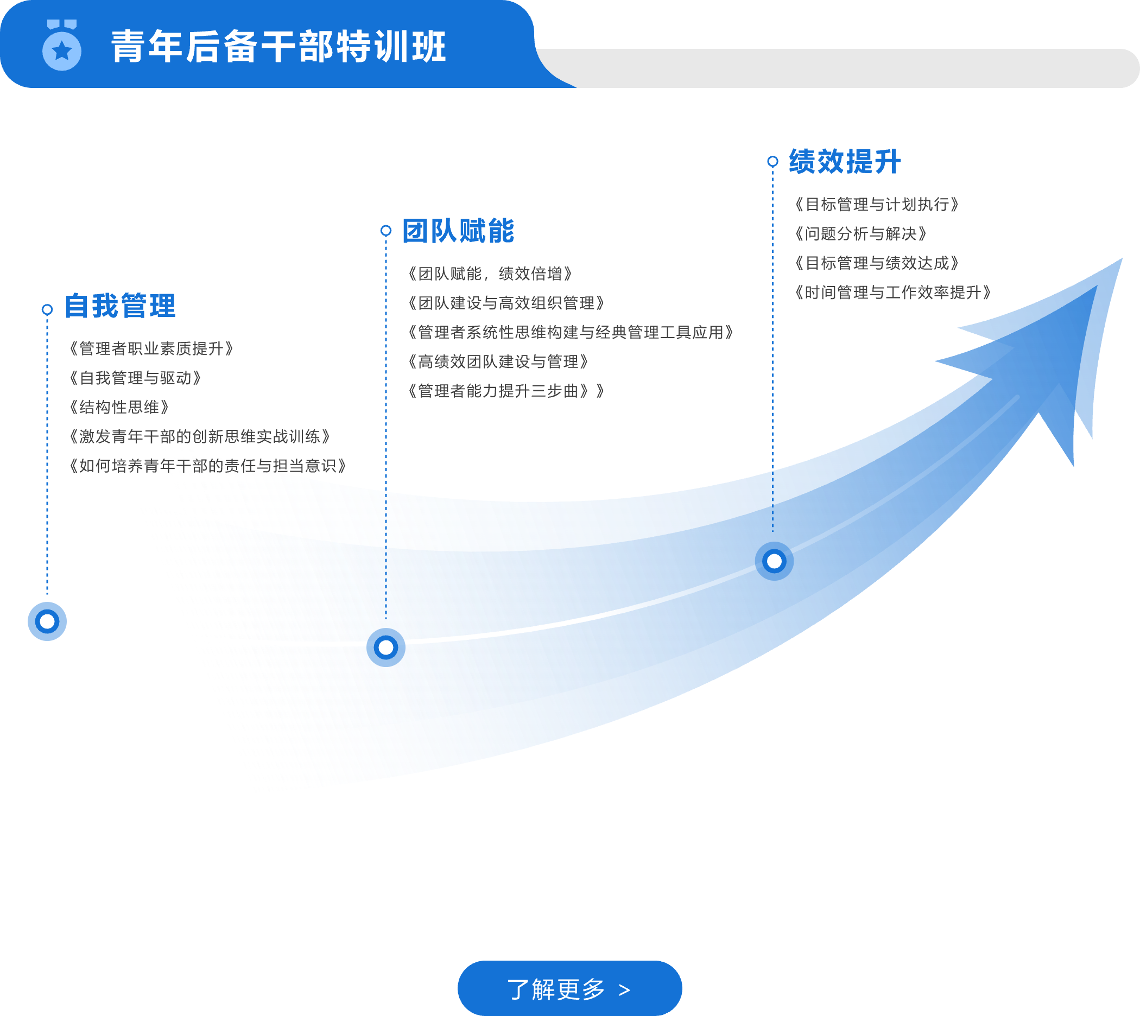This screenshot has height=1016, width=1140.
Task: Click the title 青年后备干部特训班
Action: click(x=278, y=46)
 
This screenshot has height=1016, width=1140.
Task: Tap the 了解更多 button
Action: click(x=569, y=989)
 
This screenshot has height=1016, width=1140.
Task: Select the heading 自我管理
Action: click(x=120, y=306)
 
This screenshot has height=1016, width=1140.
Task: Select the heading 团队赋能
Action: click(x=458, y=231)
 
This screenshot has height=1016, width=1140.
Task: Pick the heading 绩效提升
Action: click(x=845, y=162)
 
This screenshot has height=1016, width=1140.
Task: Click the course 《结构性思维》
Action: click(x=118, y=408)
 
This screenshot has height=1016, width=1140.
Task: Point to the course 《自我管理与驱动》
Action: click(x=135, y=378)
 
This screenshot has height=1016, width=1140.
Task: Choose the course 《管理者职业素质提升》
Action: click(x=150, y=349)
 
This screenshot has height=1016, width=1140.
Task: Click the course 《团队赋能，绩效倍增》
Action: click(x=490, y=274)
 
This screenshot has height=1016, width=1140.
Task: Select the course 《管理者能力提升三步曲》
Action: click(x=505, y=391)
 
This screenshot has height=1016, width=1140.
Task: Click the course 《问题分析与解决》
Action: click(x=860, y=234)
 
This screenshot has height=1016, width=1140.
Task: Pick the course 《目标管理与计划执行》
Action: click(x=877, y=205)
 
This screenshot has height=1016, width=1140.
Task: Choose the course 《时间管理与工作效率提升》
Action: click(x=892, y=293)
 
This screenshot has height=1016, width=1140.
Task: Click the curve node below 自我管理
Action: click(x=47, y=621)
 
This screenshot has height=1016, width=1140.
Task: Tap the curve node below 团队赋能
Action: click(x=386, y=647)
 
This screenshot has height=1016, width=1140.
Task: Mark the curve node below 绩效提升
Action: click(x=774, y=561)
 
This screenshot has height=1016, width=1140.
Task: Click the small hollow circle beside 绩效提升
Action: click(x=772, y=161)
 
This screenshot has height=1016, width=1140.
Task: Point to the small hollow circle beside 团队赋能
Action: click(x=386, y=231)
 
